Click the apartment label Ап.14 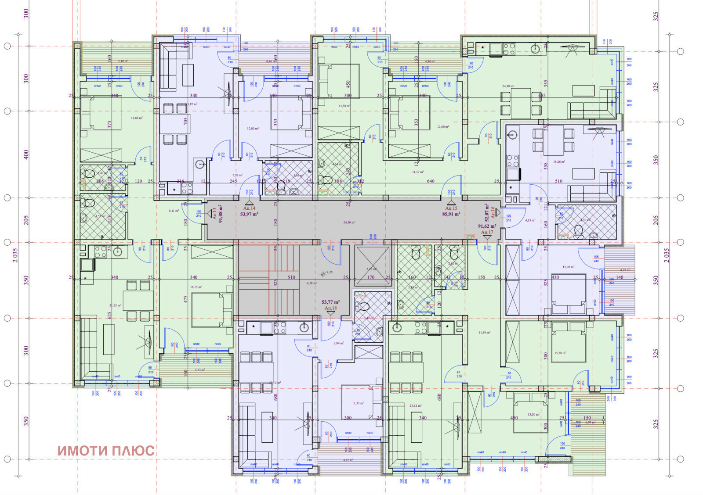tap(249, 208)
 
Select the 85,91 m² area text tap(451, 214)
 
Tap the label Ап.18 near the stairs tap(330, 308)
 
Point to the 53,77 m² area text tap(330, 302)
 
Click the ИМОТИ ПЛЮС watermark tap(106, 451)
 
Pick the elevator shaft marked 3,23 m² tap(372, 266)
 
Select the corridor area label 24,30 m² tap(350, 222)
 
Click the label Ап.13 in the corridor tap(214, 214)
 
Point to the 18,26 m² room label tap(558, 161)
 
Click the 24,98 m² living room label tap(508, 86)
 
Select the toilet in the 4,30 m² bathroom tap(579, 230)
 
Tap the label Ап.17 tap(487, 232)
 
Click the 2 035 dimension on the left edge tap(15, 255)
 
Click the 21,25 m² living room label tap(115, 305)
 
